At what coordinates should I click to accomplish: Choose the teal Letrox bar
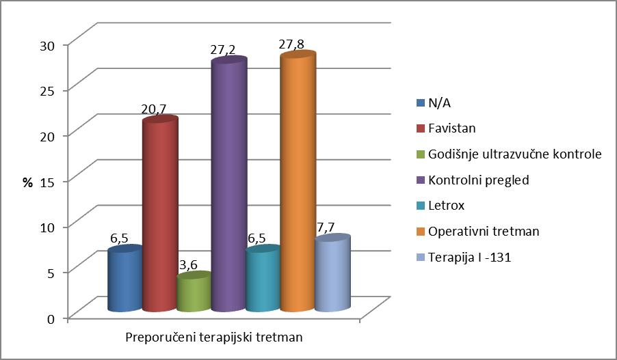pos(262,280)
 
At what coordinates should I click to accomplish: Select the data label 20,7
pos(154,109)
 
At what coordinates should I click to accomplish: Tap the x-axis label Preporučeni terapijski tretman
pos(214,337)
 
